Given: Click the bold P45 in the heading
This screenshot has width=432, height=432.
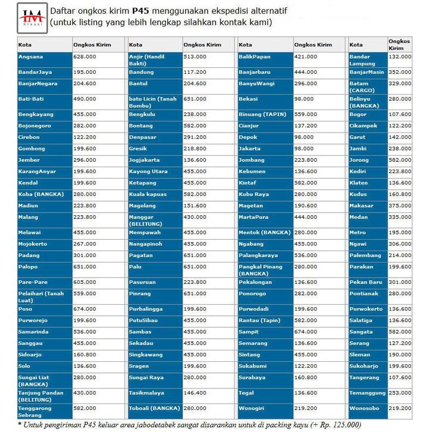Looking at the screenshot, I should click(140, 11).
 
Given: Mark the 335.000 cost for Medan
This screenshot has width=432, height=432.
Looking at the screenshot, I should click(400, 217).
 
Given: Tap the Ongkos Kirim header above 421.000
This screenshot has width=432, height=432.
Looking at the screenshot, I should click(313, 45).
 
